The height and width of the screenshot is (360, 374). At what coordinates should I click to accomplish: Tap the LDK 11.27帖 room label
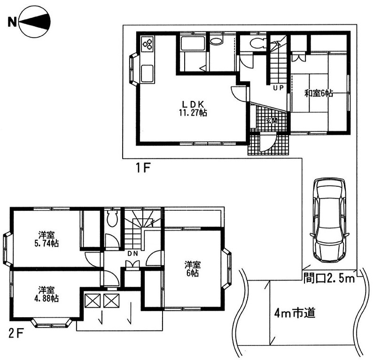(193, 108)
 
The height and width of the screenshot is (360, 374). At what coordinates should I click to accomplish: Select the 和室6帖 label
(319, 93)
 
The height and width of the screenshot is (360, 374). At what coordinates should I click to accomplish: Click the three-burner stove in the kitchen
(148, 44)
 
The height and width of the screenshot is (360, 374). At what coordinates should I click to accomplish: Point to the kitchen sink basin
(148, 73)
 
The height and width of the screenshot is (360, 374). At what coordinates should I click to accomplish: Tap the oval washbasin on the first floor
(217, 41)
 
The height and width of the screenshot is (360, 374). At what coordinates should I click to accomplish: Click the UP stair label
(278, 88)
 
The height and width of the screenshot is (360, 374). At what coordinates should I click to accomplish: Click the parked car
(330, 221)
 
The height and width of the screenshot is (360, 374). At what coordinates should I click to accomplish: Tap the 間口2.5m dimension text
(329, 278)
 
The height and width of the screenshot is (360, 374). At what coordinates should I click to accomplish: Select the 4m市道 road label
(295, 313)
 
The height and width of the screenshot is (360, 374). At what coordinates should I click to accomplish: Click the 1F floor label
(143, 169)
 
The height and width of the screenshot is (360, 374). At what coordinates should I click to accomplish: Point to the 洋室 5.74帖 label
(47, 239)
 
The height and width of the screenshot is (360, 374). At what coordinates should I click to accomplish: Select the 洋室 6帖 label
(193, 269)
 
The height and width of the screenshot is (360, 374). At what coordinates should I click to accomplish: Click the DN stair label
(132, 254)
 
